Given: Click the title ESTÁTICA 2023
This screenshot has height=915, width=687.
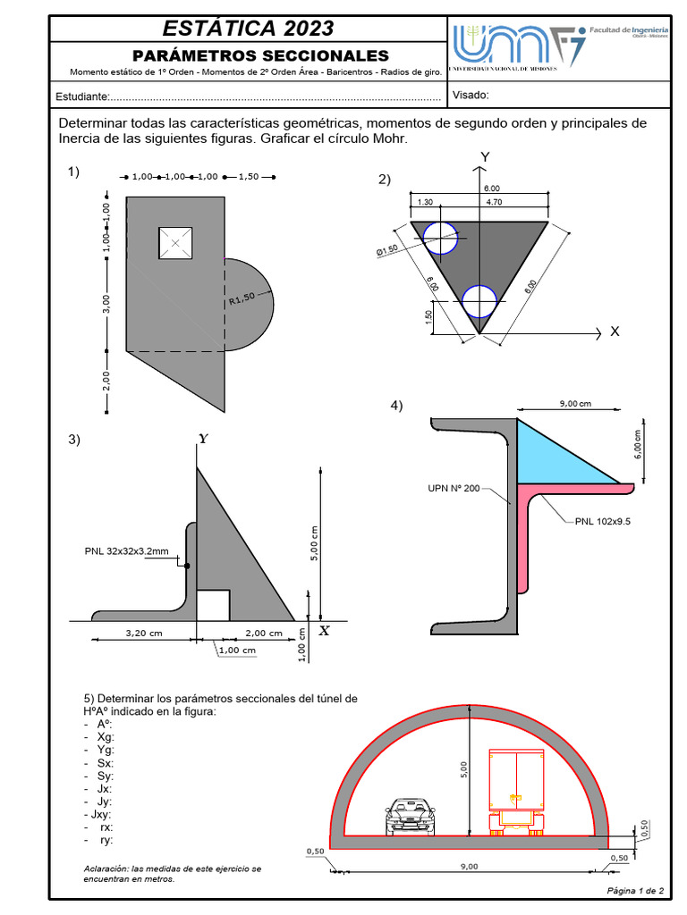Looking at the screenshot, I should (247, 28).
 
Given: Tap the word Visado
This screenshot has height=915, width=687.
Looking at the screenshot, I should (471, 96).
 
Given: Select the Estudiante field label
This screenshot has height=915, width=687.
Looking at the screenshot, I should (83, 97).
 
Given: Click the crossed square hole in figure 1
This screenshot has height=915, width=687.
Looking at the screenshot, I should (175, 243).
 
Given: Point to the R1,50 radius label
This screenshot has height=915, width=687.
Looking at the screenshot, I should (242, 298).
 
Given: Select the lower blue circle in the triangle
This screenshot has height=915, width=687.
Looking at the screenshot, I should (479, 302).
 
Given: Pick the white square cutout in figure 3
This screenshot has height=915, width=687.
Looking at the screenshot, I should (213, 605).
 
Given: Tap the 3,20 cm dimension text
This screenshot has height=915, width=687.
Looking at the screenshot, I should (143, 633).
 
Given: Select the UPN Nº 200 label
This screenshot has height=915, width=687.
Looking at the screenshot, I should (452, 488).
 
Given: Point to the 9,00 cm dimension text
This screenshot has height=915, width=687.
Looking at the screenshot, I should (575, 404).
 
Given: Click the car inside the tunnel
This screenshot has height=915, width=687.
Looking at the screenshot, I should (410, 816).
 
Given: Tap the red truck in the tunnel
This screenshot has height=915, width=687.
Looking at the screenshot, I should (516, 791).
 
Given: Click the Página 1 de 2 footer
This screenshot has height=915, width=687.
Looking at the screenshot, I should (635, 891).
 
